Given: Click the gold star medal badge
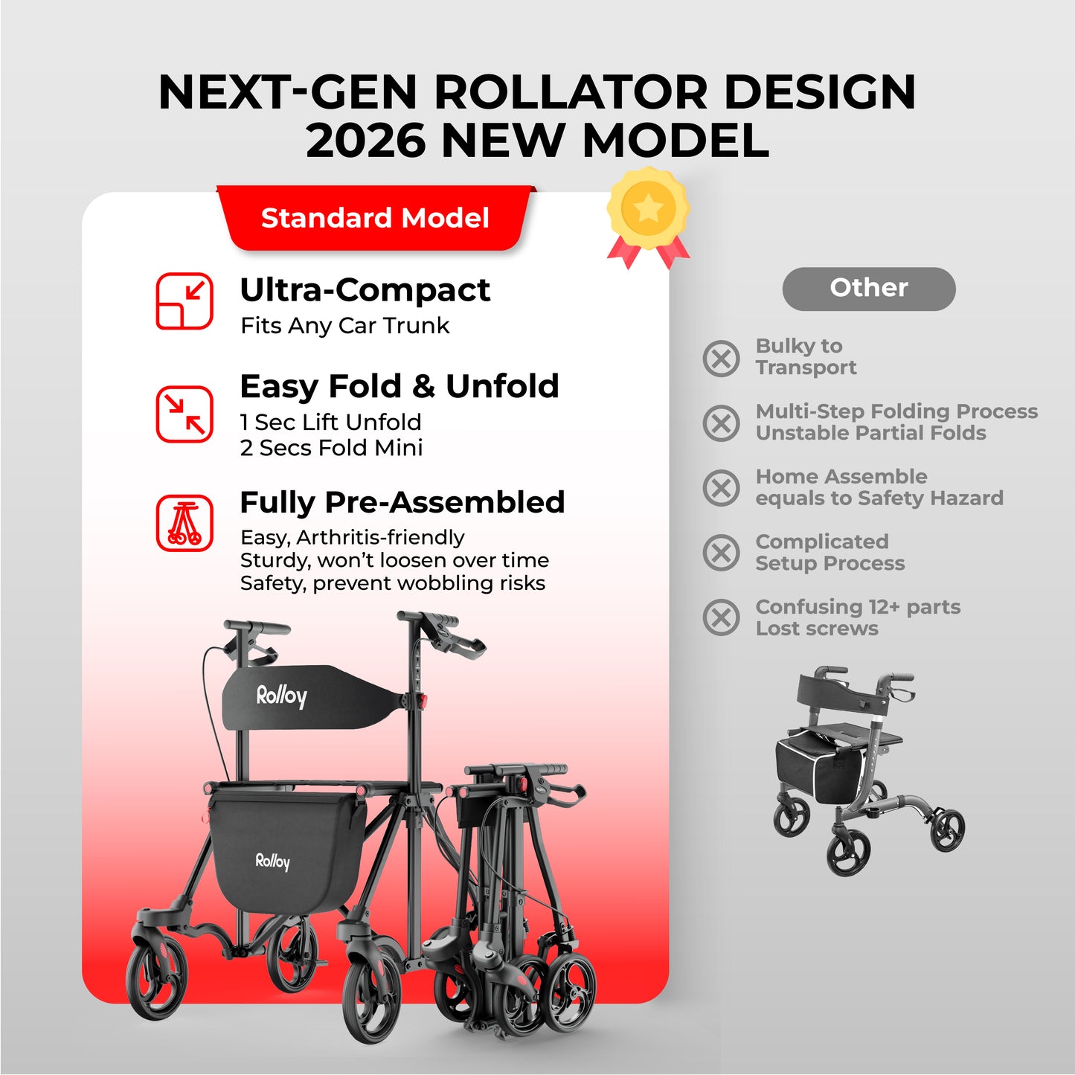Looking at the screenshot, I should click(x=648, y=210).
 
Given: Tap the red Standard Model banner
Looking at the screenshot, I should click(x=375, y=218).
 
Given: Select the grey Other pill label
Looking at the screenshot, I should click(x=868, y=288).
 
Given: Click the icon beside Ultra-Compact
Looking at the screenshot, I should click(x=184, y=301).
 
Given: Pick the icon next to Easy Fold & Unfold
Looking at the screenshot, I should click(x=184, y=414).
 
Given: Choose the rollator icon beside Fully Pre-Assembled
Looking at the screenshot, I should click(x=184, y=523).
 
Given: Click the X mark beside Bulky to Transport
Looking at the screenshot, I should click(x=721, y=358).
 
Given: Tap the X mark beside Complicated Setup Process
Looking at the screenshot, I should click(x=721, y=553).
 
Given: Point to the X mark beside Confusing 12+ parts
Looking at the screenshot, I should click(x=721, y=617).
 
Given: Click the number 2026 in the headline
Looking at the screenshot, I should click(x=365, y=140).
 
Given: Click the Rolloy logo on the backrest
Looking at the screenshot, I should click(x=281, y=696).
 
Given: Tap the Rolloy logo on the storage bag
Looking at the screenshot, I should click(x=272, y=861).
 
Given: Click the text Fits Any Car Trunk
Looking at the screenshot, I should click(x=344, y=326).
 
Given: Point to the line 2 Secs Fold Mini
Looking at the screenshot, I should click(x=331, y=448).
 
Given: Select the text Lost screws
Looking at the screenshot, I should click(x=817, y=629).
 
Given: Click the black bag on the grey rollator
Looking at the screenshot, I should click(x=818, y=766).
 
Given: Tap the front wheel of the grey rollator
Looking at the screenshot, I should click(x=848, y=853).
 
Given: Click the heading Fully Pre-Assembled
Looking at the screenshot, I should click(x=402, y=503).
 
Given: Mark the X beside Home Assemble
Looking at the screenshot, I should click(x=721, y=488).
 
